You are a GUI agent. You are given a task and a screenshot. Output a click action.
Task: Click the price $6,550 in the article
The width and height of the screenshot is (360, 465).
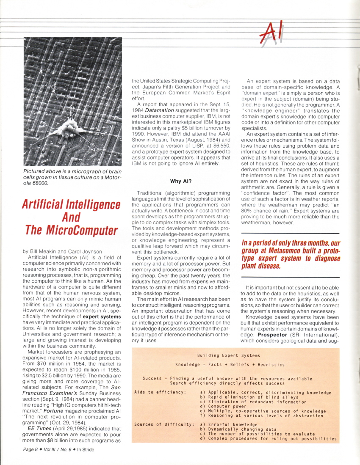click(x=221, y=145)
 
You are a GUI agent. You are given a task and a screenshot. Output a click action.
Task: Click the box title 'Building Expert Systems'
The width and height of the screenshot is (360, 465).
click(x=229, y=355)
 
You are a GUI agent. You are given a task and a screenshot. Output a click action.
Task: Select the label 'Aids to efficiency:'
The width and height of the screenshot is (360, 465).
click(x=160, y=392)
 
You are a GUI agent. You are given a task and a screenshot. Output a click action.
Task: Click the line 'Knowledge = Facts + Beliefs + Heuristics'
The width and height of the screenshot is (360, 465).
click(x=224, y=364)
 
